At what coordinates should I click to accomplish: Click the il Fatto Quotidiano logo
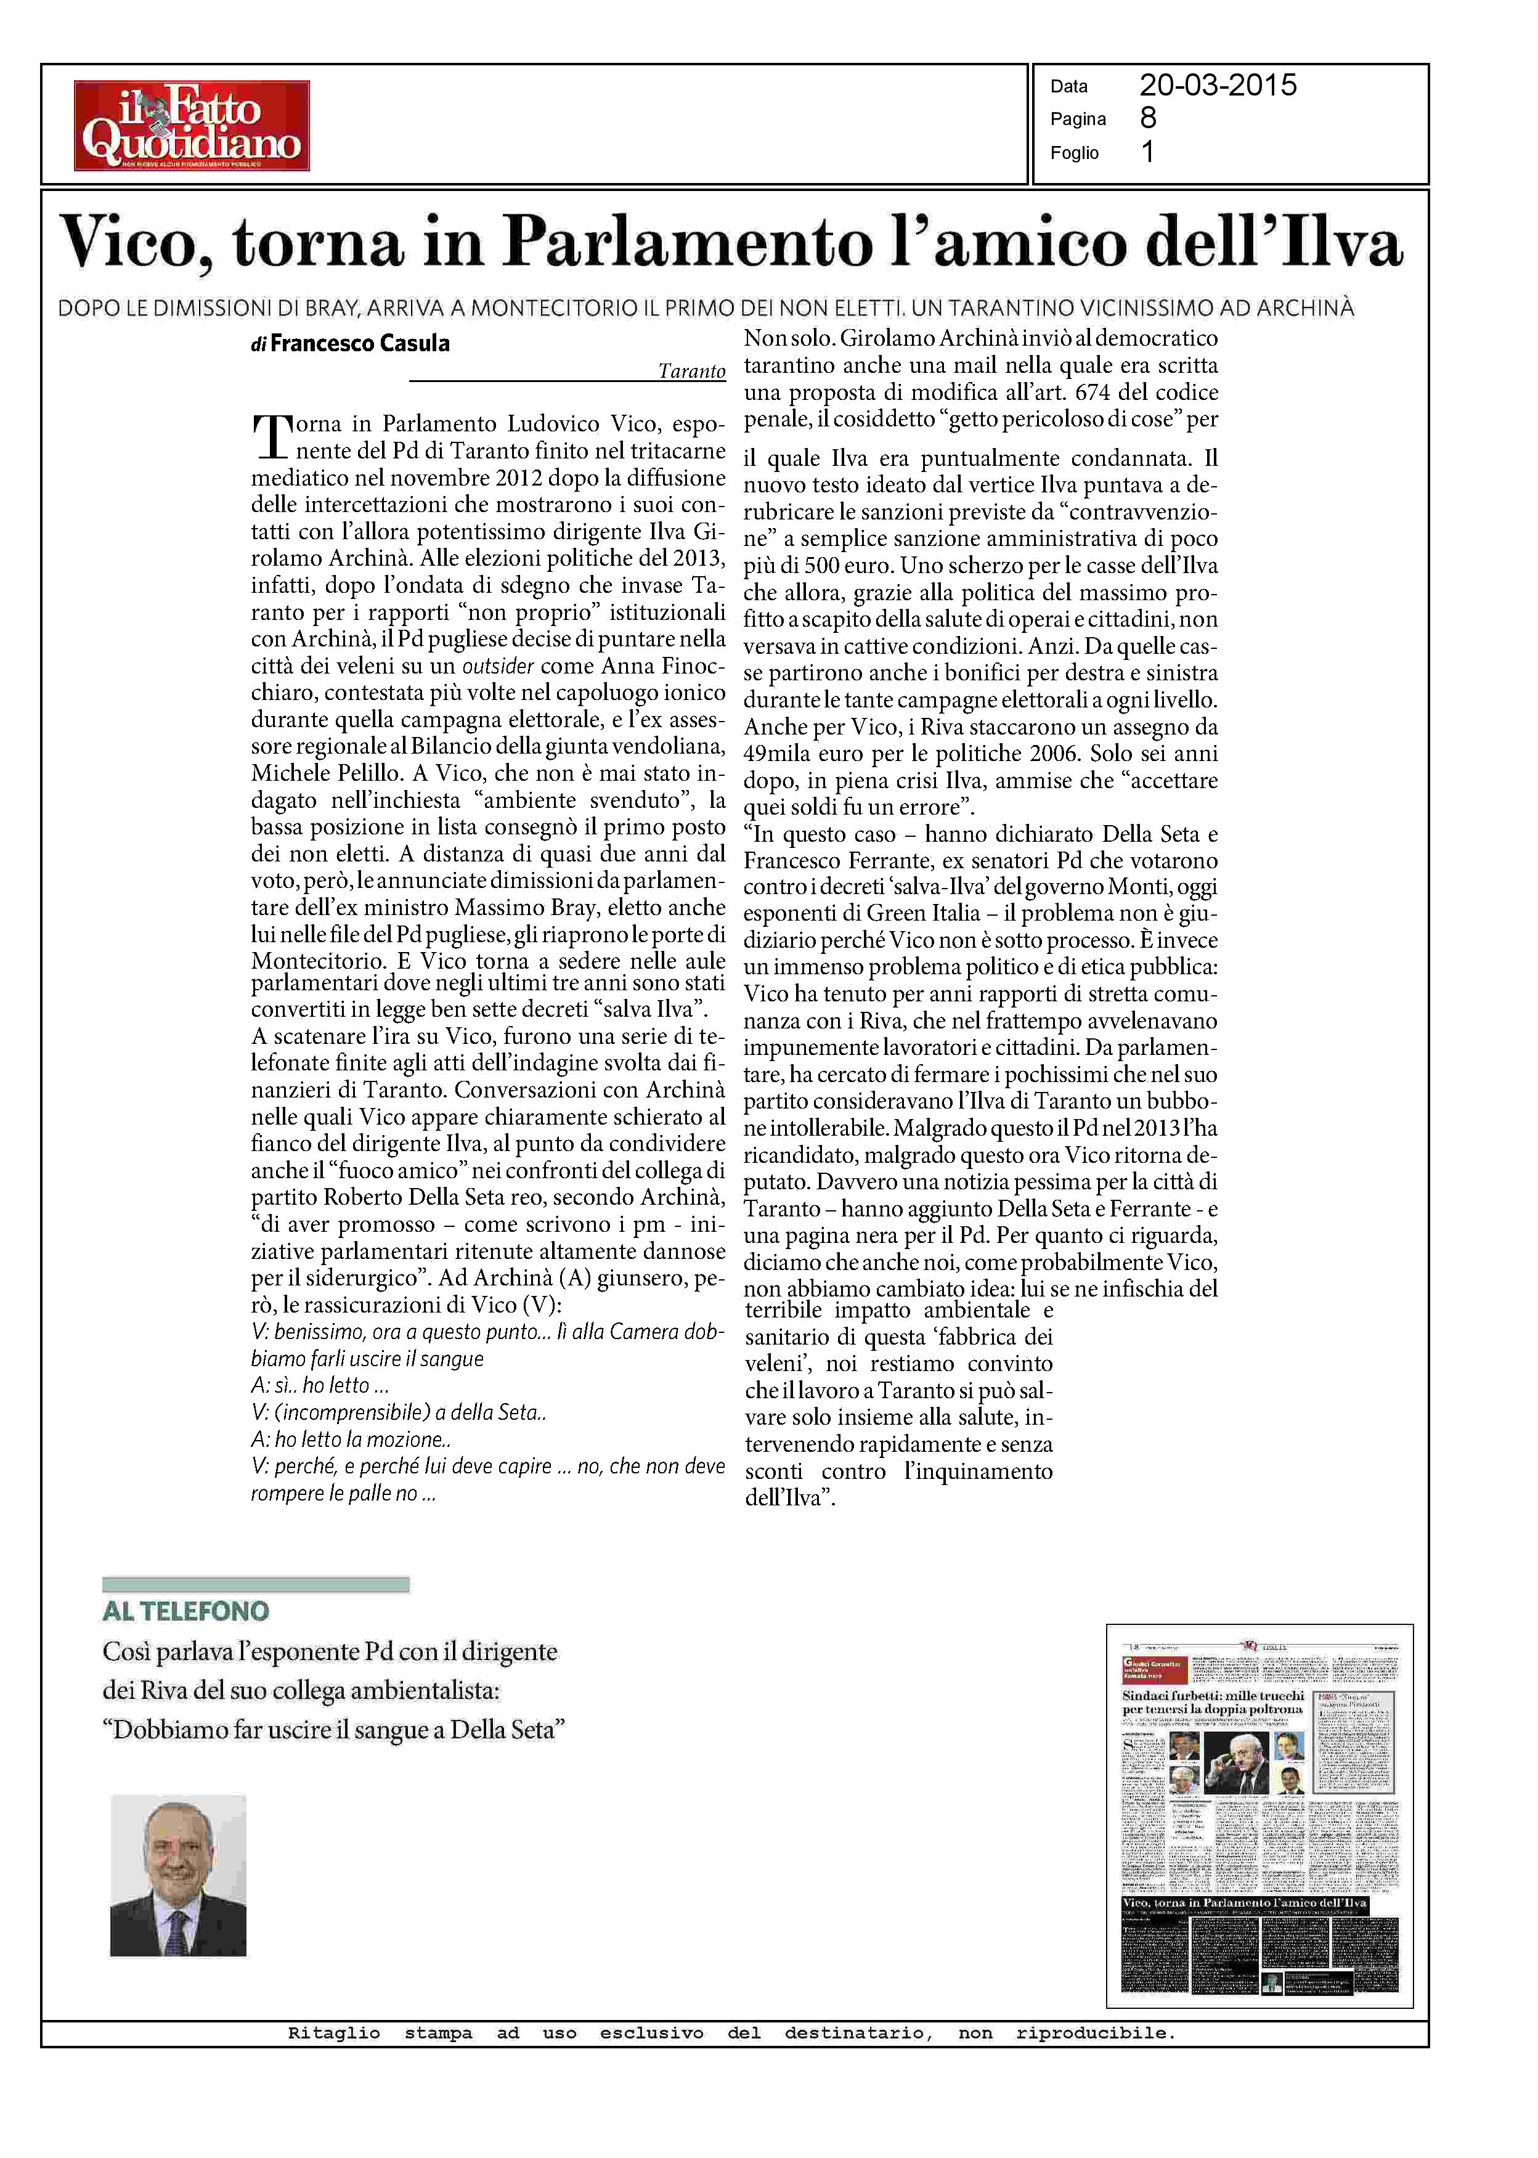point(192,125)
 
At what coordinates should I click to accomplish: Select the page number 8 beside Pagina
point(1148,118)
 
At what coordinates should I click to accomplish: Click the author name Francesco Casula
point(359,344)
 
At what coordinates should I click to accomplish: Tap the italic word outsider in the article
point(497,666)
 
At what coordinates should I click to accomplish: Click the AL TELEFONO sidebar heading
point(185,1611)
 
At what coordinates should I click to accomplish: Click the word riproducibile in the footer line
point(1095,2033)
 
